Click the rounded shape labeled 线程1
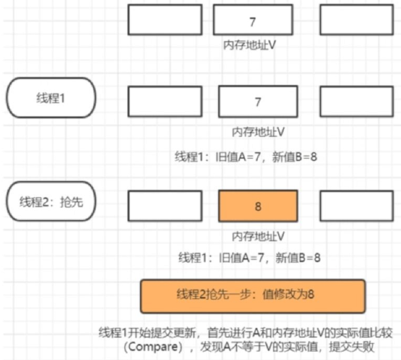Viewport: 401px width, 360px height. coord(51,98)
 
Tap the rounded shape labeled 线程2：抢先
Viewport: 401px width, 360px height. coord(51,202)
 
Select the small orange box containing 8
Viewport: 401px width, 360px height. coord(258,206)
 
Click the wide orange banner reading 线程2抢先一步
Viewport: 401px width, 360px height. coord(253,296)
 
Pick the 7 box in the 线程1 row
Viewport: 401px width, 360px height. coord(258,102)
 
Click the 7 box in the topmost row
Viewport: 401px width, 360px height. coord(253,20)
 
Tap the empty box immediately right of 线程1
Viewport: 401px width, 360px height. coord(165,101)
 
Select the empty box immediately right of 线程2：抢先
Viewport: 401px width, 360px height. coord(165,205)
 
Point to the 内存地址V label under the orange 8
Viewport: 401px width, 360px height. coord(258,236)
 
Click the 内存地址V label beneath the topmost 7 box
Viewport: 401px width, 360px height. coord(249,45)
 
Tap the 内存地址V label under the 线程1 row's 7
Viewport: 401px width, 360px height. coord(258,132)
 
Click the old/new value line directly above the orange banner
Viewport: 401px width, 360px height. coord(249,258)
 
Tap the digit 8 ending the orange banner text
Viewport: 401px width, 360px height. coord(311,295)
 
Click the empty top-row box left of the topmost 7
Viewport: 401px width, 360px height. coord(165,20)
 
